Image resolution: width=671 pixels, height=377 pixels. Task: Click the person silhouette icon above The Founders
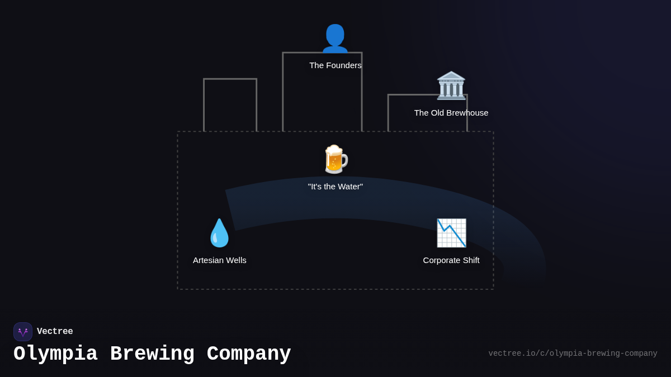[335, 39]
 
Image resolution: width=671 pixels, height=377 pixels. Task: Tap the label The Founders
[335, 65]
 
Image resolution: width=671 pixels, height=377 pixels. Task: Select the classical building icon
[451, 85]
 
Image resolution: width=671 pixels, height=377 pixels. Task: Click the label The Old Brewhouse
[451, 113]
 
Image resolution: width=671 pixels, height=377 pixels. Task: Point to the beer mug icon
[335, 160]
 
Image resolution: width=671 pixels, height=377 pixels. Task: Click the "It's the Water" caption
[335, 187]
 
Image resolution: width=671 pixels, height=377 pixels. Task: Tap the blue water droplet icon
[219, 233]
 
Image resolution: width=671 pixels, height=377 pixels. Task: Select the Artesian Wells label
[220, 260]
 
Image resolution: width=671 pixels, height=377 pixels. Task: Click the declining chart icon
[451, 233]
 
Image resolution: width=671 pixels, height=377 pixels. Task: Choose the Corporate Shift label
[451, 260]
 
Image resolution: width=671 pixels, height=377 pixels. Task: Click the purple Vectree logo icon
[23, 332]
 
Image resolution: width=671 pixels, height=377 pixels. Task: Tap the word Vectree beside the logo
[55, 332]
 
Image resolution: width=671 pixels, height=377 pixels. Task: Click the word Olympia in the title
[55, 354]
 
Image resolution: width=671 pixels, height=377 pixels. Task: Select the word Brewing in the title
[152, 354]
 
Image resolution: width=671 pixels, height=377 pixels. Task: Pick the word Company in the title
[249, 354]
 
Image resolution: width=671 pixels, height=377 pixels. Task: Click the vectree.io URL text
[573, 354]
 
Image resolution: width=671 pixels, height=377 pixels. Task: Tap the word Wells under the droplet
[235, 260]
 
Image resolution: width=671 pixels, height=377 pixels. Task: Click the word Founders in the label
[344, 65]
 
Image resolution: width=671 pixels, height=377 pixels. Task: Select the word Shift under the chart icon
[470, 260]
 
